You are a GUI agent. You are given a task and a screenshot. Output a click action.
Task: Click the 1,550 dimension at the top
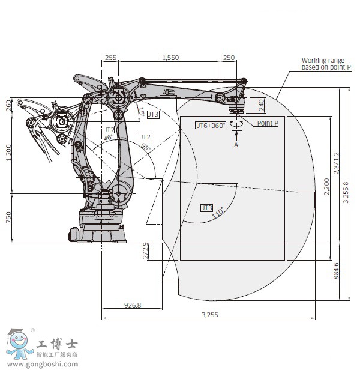click(170, 58)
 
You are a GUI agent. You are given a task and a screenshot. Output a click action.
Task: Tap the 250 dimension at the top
click(229, 58)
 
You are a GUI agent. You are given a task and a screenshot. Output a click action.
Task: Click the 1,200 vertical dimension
click(8, 153)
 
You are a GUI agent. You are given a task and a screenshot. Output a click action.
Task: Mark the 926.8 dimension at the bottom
click(133, 305)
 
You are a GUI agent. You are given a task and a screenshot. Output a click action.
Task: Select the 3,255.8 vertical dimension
click(345, 193)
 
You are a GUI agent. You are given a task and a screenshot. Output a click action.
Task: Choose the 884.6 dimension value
click(336, 271)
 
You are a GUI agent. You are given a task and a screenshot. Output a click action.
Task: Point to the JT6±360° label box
click(211, 125)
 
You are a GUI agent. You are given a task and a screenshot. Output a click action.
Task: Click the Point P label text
click(268, 123)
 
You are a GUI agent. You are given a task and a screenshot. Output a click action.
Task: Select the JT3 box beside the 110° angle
click(206, 208)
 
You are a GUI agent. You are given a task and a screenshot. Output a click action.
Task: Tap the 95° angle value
click(145, 148)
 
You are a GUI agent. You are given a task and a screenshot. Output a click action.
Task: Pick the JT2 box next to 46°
click(109, 129)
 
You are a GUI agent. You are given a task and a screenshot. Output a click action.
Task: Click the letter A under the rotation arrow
click(236, 145)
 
